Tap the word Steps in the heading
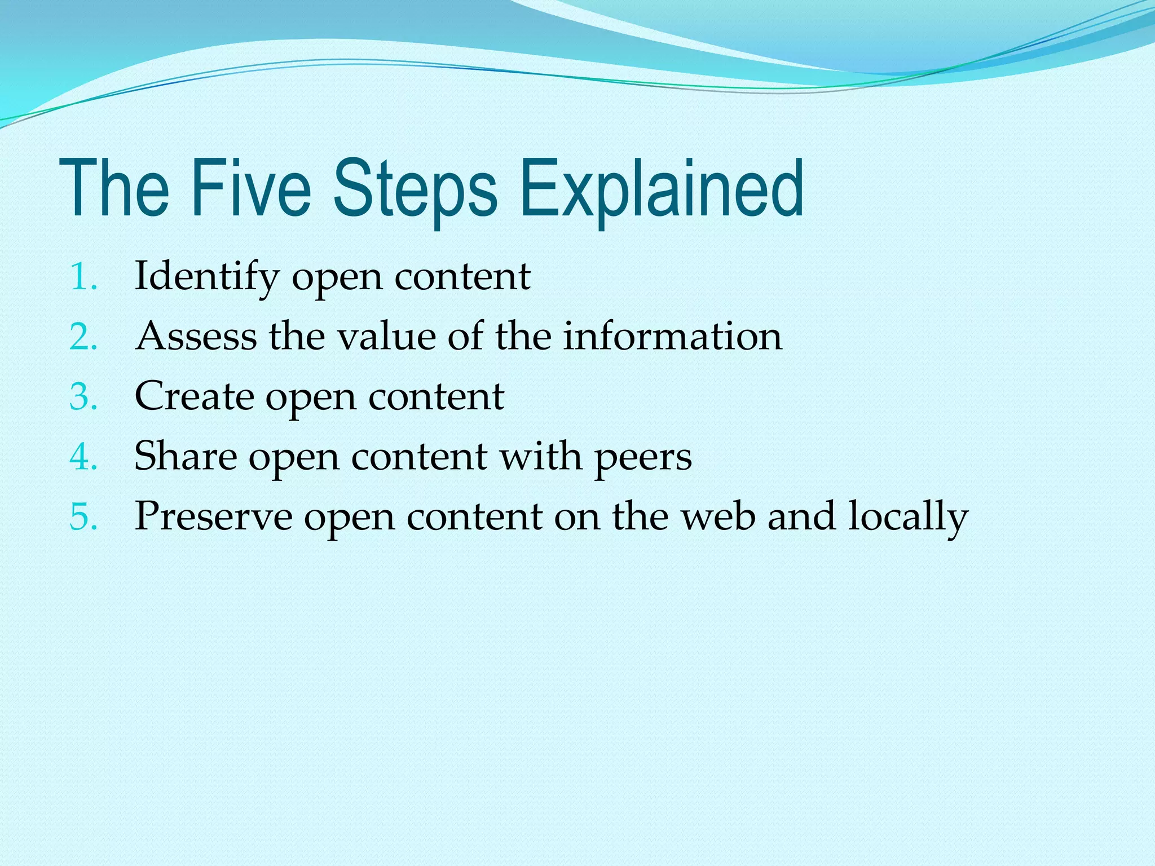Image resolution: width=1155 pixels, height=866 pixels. point(415,188)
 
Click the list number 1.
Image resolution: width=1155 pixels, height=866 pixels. point(82,277)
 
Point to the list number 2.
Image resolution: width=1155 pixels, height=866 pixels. point(83,337)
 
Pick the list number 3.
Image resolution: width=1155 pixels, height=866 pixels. point(83,397)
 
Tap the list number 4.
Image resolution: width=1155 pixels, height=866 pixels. point(83,457)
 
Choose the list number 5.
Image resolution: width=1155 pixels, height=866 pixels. point(83,516)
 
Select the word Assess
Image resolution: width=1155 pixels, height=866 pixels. point(196,337)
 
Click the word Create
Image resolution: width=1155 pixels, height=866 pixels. point(193,396)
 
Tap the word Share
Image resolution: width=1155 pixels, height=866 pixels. point(185,456)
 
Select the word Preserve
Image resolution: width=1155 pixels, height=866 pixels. point(213,516)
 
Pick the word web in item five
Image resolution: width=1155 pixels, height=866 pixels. point(717,516)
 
